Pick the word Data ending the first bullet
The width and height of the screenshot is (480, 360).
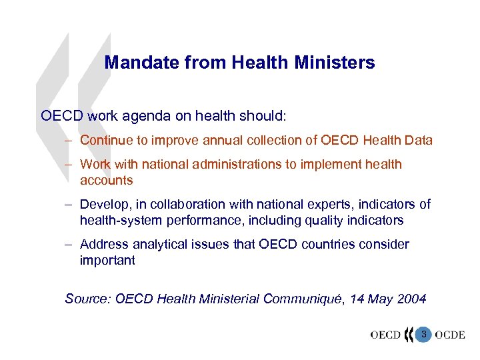pyautogui.click(x=419, y=141)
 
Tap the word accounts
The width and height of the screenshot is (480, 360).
pyautogui.click(x=106, y=181)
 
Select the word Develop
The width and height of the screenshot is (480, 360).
pyautogui.click(x=102, y=204)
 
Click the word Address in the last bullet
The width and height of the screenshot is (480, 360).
pyautogui.click(x=102, y=244)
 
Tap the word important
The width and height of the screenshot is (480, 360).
pyautogui.click(x=107, y=260)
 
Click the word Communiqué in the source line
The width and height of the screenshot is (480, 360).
pyautogui.click(x=306, y=299)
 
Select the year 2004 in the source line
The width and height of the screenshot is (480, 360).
pyautogui.click(x=411, y=299)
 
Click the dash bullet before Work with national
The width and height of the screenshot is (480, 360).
pyautogui.click(x=69, y=165)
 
